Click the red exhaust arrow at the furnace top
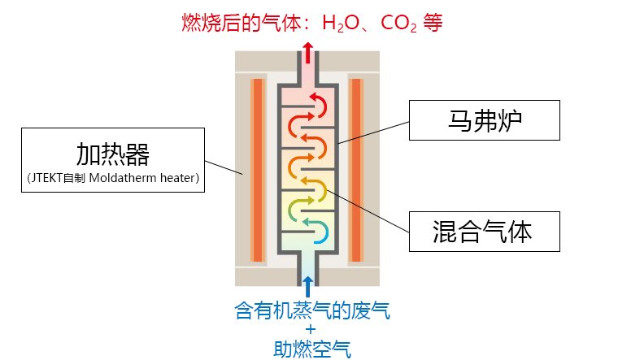tap(308, 52)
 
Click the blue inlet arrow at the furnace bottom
tap(308, 286)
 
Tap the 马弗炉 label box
tap(485, 120)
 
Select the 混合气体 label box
tap(485, 232)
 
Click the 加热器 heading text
tap(113, 154)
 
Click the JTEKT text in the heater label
tap(46, 178)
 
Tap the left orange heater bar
tap(258, 170)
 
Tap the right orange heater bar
tap(356, 170)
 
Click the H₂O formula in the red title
tap(341, 23)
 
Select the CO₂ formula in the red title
tap(398, 23)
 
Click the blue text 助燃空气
tap(312, 349)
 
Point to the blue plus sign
tap(311, 329)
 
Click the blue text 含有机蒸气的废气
tap(312, 310)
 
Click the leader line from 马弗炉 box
tap(373, 132)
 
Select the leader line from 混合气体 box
tap(368, 210)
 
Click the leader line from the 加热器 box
tap(224, 167)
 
